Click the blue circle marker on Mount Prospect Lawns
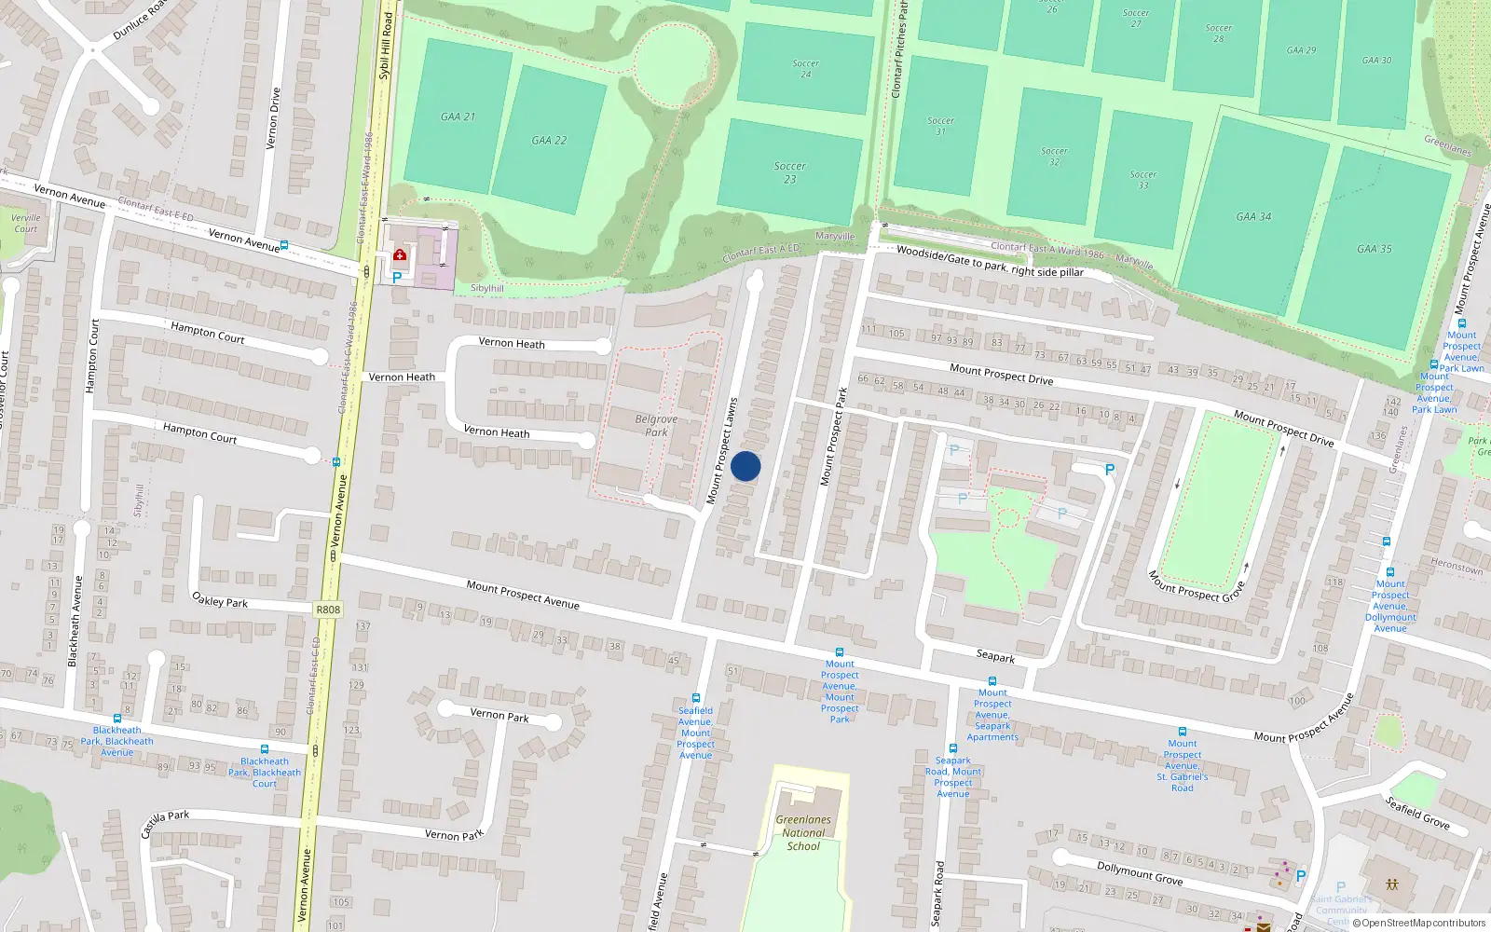coord(745,466)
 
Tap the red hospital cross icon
coord(400,254)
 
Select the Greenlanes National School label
coord(803,832)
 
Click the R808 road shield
coord(328,610)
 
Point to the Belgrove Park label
coord(656,425)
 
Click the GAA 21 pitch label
coord(458,116)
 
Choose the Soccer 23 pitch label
coord(789,172)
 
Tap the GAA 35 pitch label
coord(1374,249)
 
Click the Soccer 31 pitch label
coord(940,126)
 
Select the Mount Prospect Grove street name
coord(1197,586)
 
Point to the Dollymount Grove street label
coord(1140,872)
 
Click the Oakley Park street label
coord(220,600)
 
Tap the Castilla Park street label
coord(165,823)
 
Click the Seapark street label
coord(995,656)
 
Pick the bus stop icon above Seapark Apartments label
coord(992,681)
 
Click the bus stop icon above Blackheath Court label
coord(265,749)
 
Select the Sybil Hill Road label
coord(385,45)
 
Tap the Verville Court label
coord(26,223)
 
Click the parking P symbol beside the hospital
coord(397,277)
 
